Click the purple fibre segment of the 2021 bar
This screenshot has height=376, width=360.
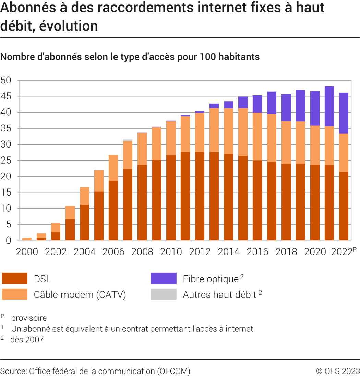point(329,106)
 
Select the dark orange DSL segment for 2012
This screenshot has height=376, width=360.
point(200,196)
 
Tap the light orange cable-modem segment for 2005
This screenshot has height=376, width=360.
point(99,181)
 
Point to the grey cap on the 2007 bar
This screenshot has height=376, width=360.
point(128,140)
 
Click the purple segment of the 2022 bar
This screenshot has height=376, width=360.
point(344,113)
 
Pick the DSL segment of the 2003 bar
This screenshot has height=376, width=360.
point(70,230)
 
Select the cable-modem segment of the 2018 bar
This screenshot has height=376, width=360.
point(286,143)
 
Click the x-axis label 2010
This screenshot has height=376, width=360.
point(171,252)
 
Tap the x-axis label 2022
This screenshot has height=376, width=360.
point(342,252)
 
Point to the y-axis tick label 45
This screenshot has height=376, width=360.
point(6,96)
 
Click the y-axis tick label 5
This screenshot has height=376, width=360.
point(9,224)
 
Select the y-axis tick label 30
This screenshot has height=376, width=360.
point(6,144)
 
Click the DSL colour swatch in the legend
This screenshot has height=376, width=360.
point(15,279)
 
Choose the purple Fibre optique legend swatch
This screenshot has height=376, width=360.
point(164,279)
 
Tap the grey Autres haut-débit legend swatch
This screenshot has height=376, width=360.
point(164,294)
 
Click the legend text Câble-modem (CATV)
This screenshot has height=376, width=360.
point(80,295)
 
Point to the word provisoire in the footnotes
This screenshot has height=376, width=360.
point(29,318)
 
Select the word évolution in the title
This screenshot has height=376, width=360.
point(69,26)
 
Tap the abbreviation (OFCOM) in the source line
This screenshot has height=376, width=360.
point(174,371)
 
